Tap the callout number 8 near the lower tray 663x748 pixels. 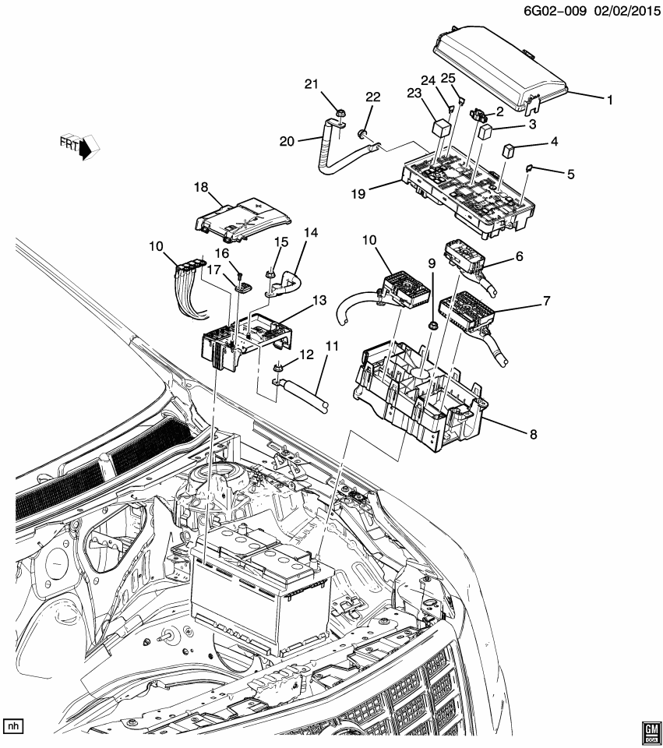point(532,435)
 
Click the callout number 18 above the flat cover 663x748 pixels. point(202,187)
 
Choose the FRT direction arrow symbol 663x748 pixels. point(83,145)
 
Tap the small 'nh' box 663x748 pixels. point(13,726)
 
